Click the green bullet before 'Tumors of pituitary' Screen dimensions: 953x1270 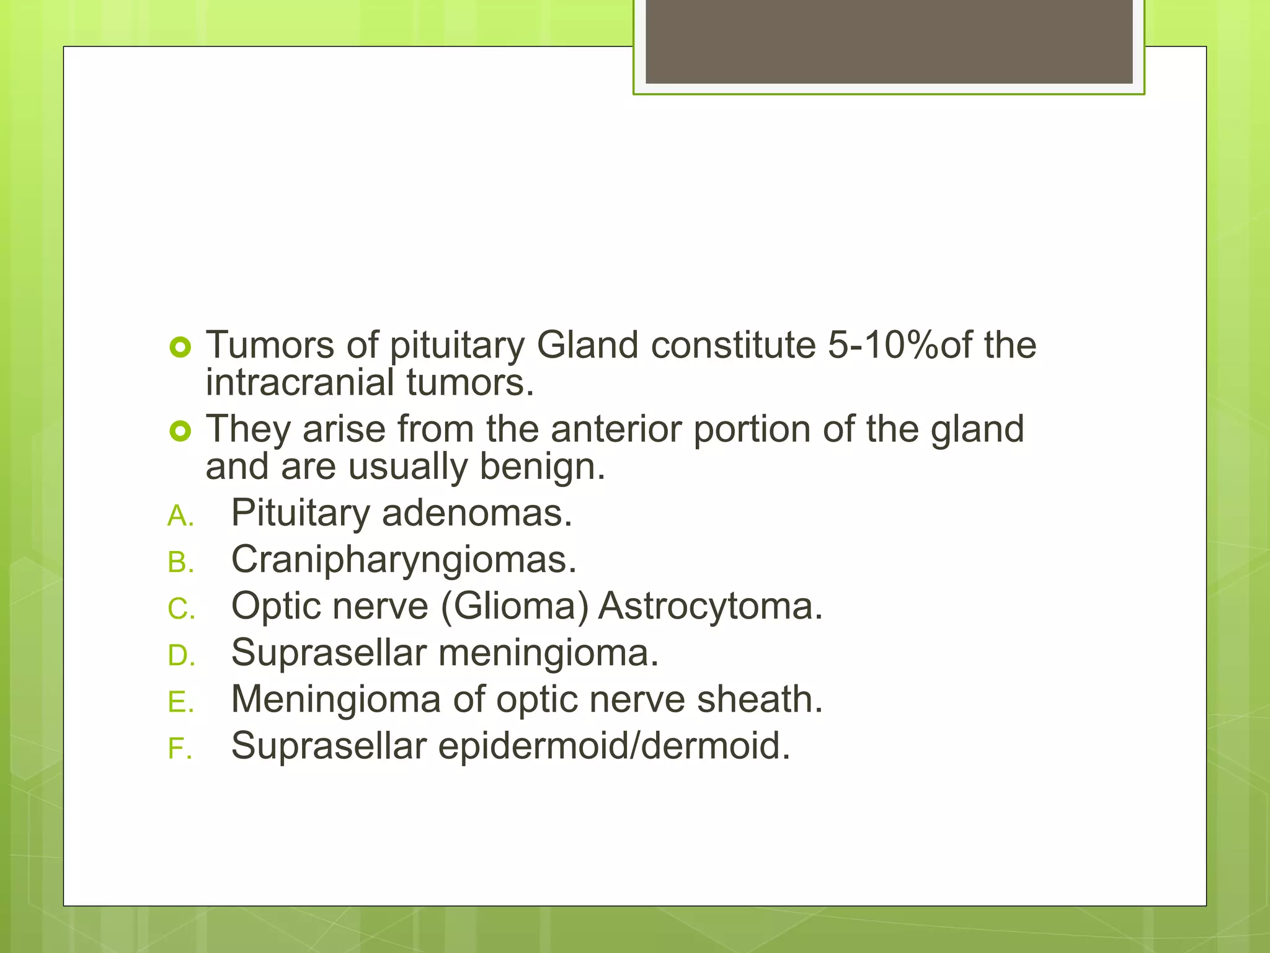pos(180,348)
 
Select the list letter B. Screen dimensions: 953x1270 pos(180,563)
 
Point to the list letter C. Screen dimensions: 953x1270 pos(181,609)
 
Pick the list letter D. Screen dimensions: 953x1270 pos(181,656)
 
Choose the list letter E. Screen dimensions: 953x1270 pos(180,702)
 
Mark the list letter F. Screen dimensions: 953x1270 pos(179,749)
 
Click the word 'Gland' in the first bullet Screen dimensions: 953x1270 pos(587,345)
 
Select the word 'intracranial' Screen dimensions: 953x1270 pos(300,382)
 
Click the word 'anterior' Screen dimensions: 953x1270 pos(616,429)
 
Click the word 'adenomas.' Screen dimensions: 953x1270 pos(476,514)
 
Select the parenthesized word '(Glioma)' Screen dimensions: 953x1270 pos(514,606)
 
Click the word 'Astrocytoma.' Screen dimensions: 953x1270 pos(710,606)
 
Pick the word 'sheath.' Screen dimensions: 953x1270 pos(760,699)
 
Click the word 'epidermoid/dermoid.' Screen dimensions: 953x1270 pos(614,746)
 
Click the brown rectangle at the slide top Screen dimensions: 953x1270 pos(889,41)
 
